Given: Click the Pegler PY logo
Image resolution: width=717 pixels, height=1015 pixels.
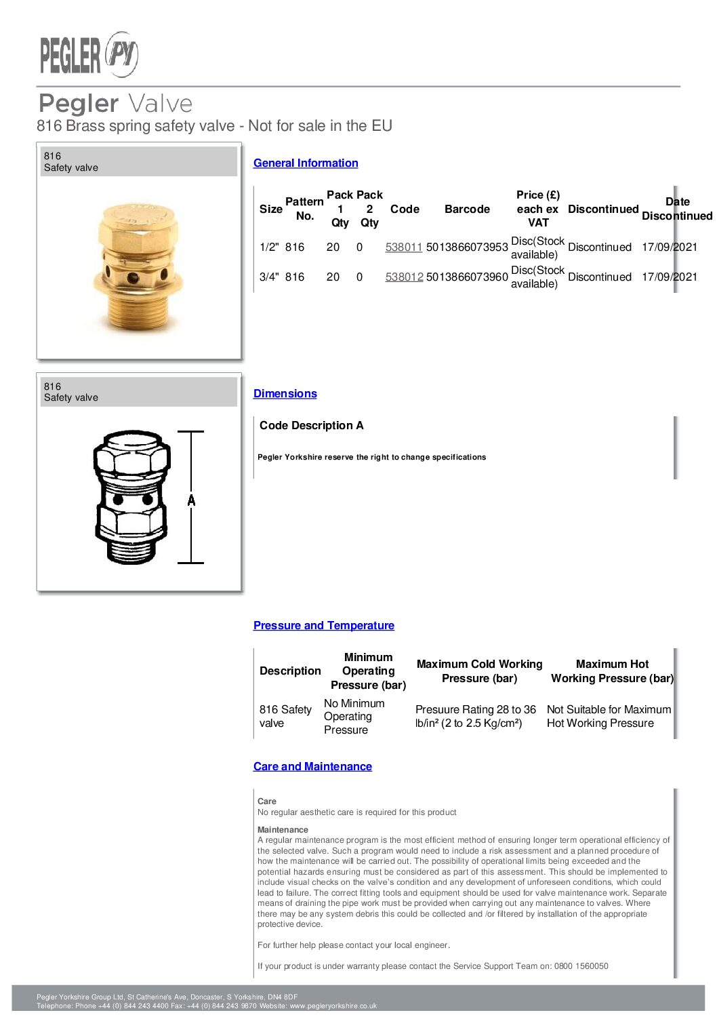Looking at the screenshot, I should (89, 54).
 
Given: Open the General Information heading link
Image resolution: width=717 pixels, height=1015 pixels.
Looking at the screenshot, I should (306, 163).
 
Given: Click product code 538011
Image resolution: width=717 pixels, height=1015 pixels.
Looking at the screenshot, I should (403, 247).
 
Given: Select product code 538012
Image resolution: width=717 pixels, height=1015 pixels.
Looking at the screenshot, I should (404, 277).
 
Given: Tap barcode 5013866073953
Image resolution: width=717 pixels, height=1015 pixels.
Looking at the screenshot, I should (467, 247).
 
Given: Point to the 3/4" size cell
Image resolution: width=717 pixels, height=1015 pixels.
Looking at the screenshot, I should (269, 277).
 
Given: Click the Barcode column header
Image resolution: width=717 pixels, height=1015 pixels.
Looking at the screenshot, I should (467, 210).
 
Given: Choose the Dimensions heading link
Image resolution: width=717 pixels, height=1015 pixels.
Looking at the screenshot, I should (285, 394).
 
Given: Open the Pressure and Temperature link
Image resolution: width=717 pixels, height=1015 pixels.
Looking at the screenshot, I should (323, 626).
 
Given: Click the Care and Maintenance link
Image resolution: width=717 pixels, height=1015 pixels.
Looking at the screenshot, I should (312, 767).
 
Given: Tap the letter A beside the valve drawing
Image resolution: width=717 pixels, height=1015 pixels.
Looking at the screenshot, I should (192, 500).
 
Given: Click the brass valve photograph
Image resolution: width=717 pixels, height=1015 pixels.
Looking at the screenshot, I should (138, 268).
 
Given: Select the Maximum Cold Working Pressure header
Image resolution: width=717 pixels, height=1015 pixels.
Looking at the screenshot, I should (479, 671).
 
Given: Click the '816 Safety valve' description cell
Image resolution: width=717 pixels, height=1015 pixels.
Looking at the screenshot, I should (285, 717).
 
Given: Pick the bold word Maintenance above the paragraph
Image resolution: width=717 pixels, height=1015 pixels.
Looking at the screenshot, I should (283, 830).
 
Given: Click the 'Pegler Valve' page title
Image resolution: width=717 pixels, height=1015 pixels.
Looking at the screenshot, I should (115, 104).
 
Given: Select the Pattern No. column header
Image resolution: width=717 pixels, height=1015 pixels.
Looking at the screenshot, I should (304, 209).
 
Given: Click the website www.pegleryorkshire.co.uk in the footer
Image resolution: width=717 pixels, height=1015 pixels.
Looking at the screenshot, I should (333, 1006).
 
